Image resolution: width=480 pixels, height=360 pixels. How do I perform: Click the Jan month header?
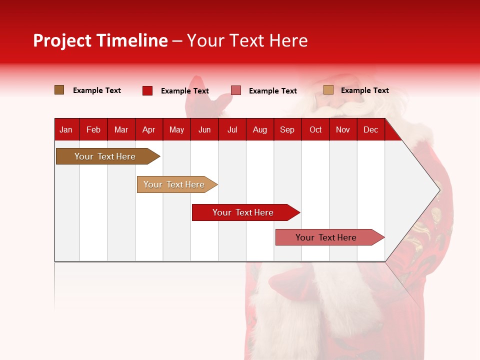pos(66,130)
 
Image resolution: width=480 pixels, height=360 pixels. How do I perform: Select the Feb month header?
pos(93,130)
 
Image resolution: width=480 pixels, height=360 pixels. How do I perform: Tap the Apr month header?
pos(149,130)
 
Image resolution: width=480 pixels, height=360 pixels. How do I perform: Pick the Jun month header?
pos(204,130)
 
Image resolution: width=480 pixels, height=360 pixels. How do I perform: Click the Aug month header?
pos(260,130)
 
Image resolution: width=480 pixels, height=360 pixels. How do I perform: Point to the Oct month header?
pos(315,130)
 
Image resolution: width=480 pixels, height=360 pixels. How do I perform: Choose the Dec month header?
pos(370,130)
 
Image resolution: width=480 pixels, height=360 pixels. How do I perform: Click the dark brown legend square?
pos(59,90)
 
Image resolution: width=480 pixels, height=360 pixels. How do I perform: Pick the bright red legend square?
pos(147,90)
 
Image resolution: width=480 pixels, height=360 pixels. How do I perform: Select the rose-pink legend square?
pos(236,90)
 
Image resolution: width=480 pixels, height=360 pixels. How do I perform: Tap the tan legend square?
pos(328,90)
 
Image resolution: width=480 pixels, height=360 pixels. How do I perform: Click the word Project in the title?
pos(62,40)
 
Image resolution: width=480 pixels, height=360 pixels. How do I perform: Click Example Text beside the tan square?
pos(364,90)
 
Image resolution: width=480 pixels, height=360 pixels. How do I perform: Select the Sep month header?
pos(287,130)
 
